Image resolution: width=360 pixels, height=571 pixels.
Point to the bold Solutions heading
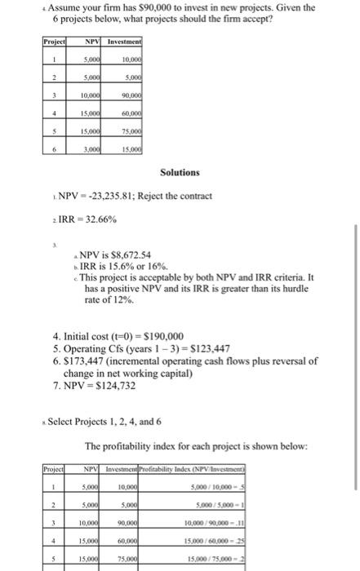point(180,173)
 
